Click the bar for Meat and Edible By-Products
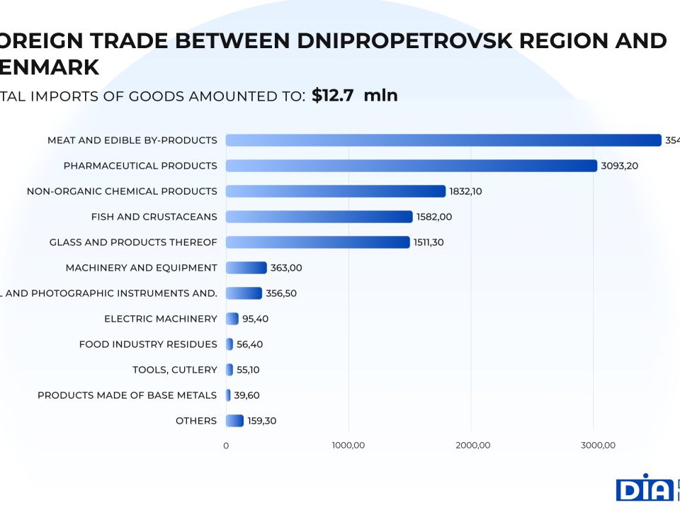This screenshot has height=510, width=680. click(443, 140)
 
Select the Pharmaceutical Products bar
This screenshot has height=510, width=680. click(412, 166)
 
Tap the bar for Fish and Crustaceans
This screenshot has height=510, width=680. click(319, 217)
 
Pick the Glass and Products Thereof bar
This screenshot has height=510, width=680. click(317, 242)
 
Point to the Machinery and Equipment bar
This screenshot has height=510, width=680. click(246, 268)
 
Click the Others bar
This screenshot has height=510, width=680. click(234, 421)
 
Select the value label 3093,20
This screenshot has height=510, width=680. click(620, 166)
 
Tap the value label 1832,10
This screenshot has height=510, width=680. click(465, 191)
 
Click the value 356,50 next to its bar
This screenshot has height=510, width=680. click(281, 293)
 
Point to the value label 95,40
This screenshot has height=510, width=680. click(255, 319)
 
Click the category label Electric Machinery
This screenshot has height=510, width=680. click(161, 319)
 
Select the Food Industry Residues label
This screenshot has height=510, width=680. click(148, 344)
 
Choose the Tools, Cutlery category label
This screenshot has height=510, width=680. click(175, 370)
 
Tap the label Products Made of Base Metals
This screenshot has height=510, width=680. click(127, 395)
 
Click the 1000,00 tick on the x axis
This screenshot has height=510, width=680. click(348, 446)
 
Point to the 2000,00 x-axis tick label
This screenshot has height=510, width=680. click(472, 446)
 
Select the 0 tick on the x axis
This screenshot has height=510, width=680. click(226, 446)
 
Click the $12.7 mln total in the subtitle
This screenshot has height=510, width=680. click(354, 96)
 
